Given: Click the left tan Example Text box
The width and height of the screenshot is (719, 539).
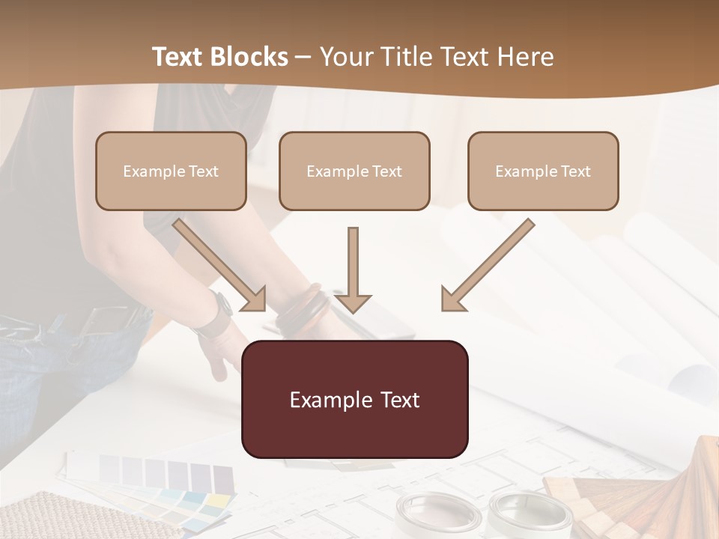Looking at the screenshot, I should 171,171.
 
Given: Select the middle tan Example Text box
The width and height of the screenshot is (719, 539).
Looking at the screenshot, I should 354,171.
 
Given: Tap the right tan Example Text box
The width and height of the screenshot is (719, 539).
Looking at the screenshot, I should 543,171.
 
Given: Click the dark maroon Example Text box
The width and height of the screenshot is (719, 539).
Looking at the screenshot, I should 354,399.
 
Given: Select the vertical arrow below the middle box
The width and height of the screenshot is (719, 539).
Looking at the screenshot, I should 353,270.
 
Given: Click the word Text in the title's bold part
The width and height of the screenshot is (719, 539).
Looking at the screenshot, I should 177,57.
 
